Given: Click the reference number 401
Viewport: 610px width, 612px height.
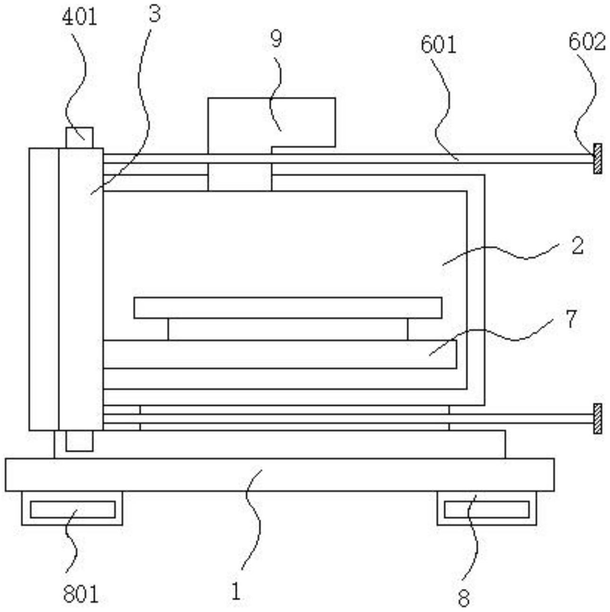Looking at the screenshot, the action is [x=79, y=17].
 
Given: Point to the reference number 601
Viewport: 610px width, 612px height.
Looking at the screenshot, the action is [x=438, y=45].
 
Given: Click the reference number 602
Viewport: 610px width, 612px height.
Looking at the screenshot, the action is [x=587, y=42].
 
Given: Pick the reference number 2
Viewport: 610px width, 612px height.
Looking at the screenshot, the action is [x=577, y=246].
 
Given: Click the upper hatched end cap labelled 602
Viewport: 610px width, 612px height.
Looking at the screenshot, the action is [x=598, y=159].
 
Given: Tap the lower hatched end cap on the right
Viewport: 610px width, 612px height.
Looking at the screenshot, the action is [x=598, y=418].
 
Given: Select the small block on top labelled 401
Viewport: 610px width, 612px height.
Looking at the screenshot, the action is [x=79, y=138].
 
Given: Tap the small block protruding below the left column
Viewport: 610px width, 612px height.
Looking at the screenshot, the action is [x=79, y=441].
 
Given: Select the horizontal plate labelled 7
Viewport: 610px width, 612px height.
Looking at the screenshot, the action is [x=280, y=355].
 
